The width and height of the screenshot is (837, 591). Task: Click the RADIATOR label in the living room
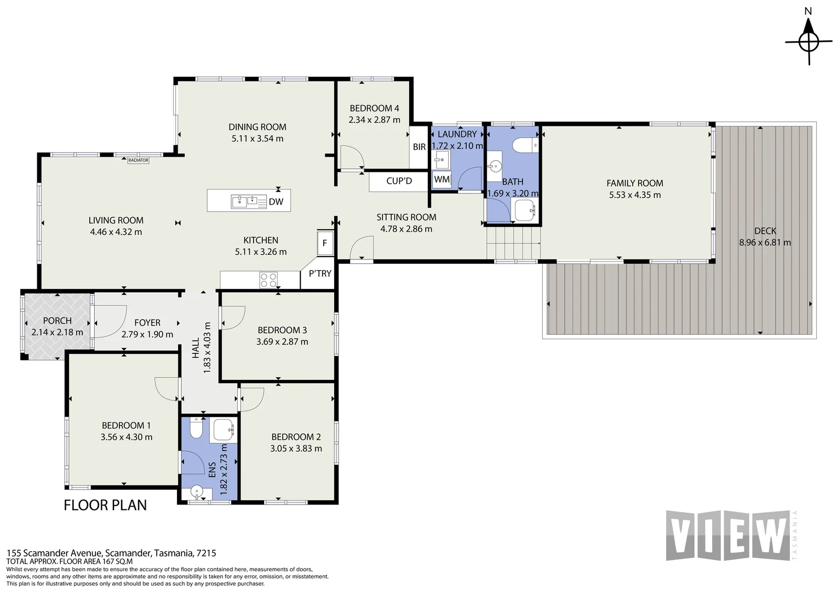138,160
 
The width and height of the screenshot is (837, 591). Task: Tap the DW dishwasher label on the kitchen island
276,202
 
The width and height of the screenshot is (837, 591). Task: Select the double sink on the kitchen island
249,201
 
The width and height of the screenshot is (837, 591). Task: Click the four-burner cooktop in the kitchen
268,280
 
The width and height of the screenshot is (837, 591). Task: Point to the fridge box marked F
325,243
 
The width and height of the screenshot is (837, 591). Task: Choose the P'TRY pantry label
320,274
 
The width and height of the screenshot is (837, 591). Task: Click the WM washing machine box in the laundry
442,179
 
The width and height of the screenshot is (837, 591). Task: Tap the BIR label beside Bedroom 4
419,147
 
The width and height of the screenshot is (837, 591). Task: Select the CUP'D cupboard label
399,181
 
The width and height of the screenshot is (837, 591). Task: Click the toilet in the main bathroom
525,145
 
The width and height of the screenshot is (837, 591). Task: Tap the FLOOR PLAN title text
105,505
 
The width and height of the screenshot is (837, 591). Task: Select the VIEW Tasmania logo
732,535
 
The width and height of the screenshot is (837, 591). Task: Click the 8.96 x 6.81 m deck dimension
765,242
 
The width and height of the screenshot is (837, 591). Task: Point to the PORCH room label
57,321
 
